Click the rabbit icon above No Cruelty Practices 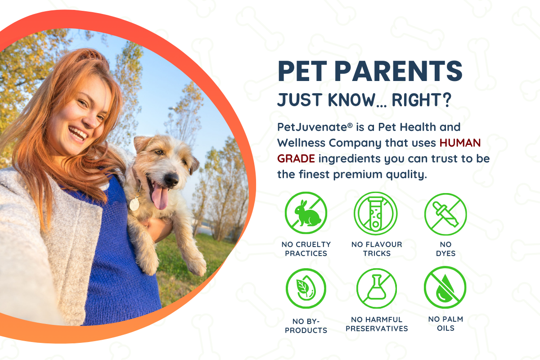[306, 213]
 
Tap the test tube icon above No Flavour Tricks [376, 213]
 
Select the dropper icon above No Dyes [445, 214]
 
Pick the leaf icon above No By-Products [306, 288]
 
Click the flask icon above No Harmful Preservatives [377, 288]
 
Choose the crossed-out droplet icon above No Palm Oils [445, 288]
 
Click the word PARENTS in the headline [398, 71]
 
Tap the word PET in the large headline [302, 71]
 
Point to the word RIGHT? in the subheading [421, 100]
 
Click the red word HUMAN [460, 143]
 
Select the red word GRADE [296, 159]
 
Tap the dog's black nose [171, 179]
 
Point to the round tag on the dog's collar [135, 204]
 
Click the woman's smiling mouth [77, 134]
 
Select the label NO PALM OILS [445, 324]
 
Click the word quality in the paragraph [406, 175]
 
